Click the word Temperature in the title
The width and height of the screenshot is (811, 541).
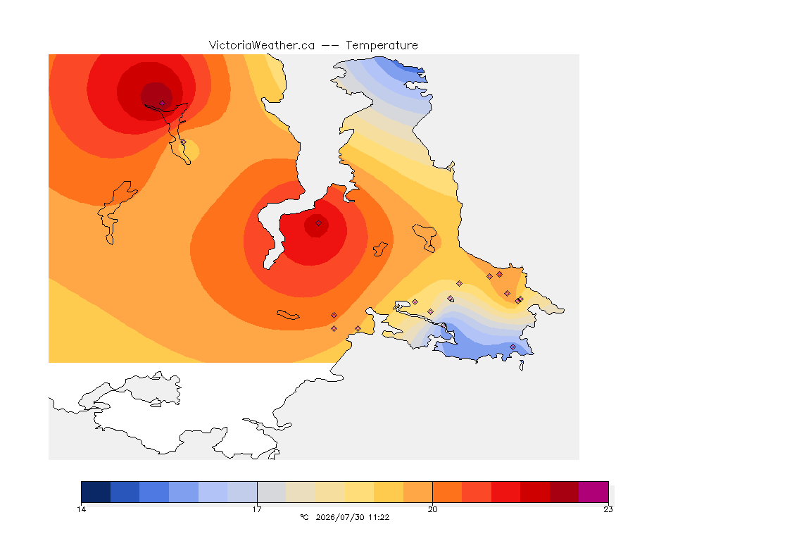pos(382,45)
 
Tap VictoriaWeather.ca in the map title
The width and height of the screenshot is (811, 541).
pos(262,45)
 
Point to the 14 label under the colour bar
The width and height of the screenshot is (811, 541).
pos(81,509)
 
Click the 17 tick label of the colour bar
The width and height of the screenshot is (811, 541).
pos(257,509)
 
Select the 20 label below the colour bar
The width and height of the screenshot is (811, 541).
pos(432,509)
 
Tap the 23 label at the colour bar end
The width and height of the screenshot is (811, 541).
pos(608,509)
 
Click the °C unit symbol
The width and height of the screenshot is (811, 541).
pos(304,517)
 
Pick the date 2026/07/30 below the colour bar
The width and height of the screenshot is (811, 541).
pos(340,517)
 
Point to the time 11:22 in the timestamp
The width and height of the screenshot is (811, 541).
pos(379,517)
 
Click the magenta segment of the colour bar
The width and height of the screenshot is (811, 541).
pos(593,492)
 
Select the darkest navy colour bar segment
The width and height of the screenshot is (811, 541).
pos(96,492)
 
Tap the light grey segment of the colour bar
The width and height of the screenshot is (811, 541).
pos(272,492)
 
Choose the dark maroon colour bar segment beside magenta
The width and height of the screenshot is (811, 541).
pos(565,492)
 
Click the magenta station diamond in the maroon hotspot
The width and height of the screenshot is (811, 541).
pos(163,103)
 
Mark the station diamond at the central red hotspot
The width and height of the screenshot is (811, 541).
pos(319,223)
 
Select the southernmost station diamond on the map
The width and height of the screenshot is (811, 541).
pos(513,347)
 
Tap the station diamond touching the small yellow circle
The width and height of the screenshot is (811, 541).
pos(183,142)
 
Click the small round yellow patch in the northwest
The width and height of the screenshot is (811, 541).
pos(190,150)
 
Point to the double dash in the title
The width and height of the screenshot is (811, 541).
pos(330,46)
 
